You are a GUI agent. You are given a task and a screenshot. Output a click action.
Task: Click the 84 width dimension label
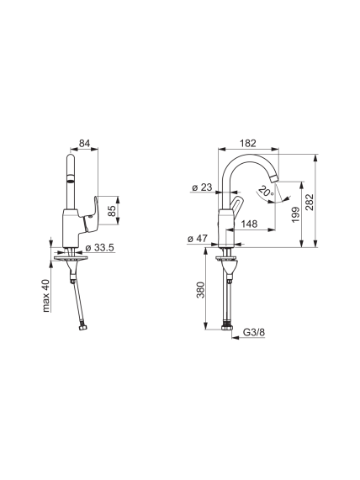[x=85, y=143]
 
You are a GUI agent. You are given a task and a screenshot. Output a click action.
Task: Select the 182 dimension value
[x=248, y=143]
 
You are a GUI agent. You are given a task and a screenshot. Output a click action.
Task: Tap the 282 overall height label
[x=310, y=202]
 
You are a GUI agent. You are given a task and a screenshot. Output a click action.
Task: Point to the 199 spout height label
[x=295, y=214]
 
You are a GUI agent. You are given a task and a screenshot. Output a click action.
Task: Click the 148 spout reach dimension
[x=249, y=224]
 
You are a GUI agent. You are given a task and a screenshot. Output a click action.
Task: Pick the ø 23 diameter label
[x=202, y=187]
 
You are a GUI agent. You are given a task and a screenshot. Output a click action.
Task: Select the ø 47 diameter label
[x=198, y=238]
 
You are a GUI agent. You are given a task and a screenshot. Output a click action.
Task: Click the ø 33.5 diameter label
[x=100, y=247]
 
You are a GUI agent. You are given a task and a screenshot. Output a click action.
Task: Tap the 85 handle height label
[x=113, y=211]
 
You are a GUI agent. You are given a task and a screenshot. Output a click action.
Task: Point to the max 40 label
[x=45, y=296]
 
